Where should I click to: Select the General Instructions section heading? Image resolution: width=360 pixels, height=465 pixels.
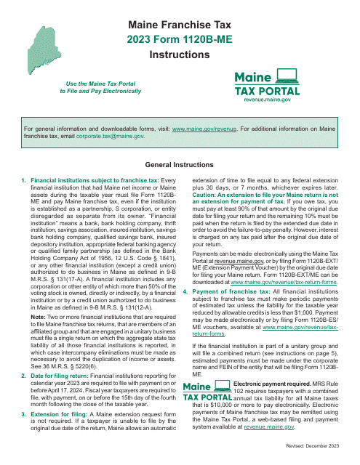[180, 165]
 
